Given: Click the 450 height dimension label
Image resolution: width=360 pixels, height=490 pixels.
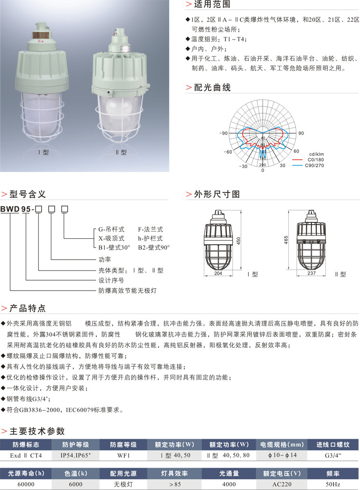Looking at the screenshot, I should click(x=238, y=241).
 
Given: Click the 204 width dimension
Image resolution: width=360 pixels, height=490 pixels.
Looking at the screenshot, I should click(x=218, y=274).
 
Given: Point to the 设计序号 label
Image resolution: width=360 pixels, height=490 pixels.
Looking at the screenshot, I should click(x=111, y=280).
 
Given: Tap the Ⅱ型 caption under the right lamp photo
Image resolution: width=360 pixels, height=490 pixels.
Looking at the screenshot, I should click(x=121, y=152).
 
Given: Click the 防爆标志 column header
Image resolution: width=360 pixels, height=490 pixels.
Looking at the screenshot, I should click(x=26, y=444).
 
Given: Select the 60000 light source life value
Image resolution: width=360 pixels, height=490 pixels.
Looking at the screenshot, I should click(x=26, y=484).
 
